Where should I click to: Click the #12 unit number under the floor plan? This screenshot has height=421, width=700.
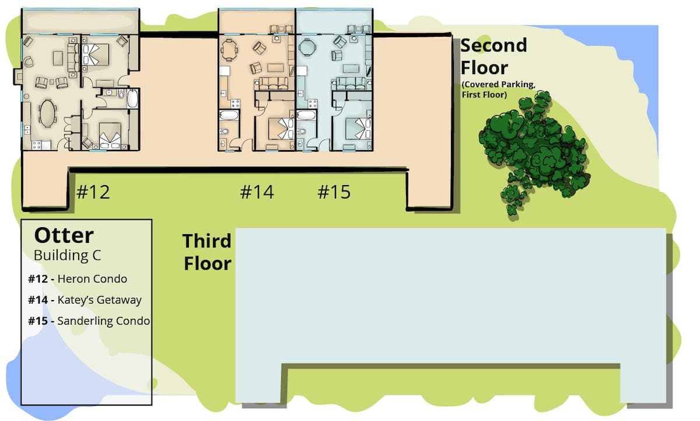coord(93,192)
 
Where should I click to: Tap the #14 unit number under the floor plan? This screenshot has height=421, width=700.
coord(257,192)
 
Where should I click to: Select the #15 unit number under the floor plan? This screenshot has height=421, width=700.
coord(334,192)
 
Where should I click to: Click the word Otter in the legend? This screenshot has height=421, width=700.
coord(64,235)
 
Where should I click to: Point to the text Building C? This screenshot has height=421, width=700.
coord(67,255)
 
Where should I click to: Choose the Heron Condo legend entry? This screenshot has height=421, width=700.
coord(78,279)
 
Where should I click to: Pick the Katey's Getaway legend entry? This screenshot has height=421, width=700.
coord(85,300)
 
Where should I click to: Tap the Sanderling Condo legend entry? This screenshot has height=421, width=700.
coord(89,321)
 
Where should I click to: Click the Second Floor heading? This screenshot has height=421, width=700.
coord(494,57)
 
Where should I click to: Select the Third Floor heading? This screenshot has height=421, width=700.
coord(207,252)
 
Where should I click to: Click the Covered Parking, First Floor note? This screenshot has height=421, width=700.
coord(499,89)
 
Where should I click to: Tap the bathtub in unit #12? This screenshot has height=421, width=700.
coord(132,99)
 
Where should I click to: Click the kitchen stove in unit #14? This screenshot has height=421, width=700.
coord(235,103)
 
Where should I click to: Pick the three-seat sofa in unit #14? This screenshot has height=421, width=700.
coord(273,83)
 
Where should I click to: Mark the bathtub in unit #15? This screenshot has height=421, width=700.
coord(306,115)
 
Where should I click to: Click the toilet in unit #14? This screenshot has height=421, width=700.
coord(224,131)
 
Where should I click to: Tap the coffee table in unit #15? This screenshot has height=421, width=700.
coord(351,68)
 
